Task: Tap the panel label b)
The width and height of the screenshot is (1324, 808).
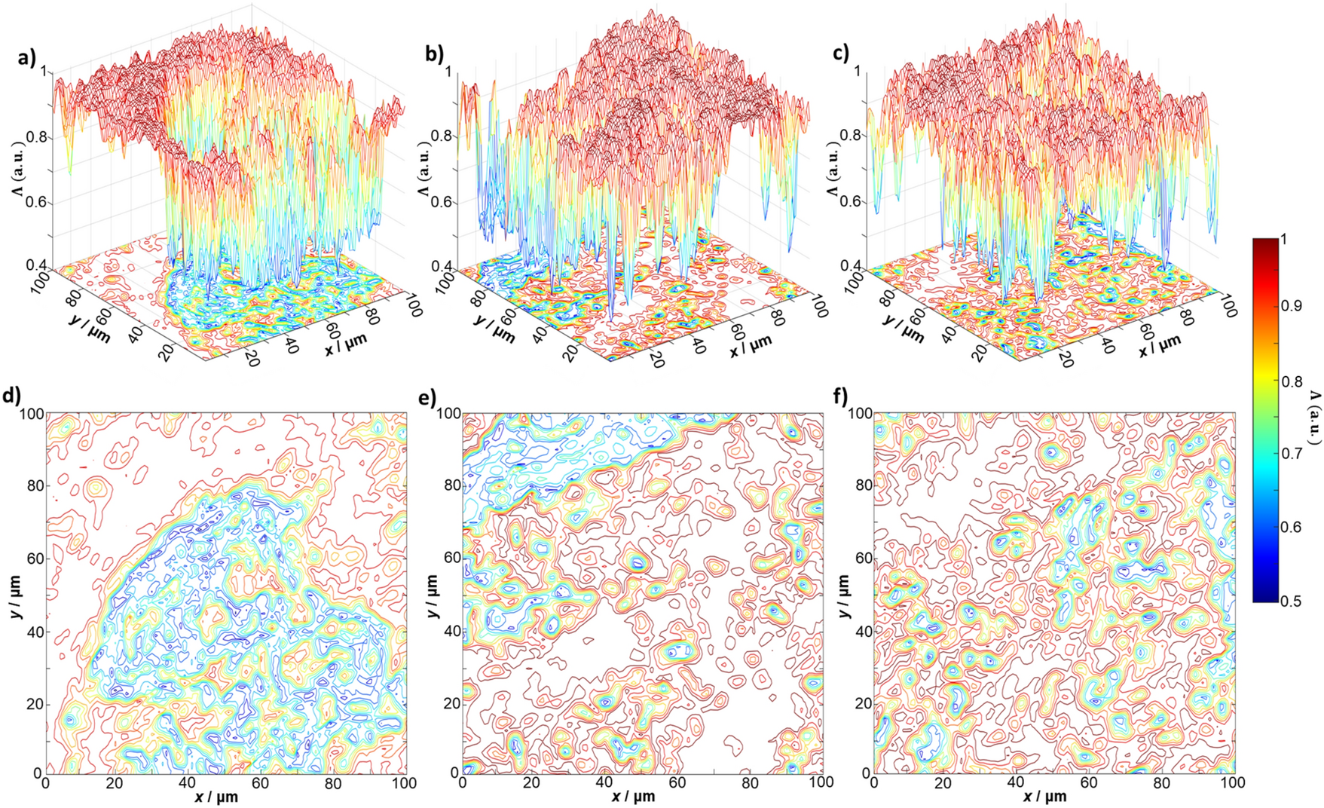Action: tap(435, 54)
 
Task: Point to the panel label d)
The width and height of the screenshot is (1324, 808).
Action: tap(12, 395)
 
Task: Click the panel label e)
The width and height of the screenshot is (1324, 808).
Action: tap(429, 395)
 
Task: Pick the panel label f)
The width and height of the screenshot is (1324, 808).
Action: tap(842, 395)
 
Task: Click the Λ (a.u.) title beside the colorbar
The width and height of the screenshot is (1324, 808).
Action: tap(1314, 418)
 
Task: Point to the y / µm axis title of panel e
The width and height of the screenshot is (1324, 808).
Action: tap(433, 595)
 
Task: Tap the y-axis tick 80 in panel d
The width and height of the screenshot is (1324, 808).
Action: tap(34, 486)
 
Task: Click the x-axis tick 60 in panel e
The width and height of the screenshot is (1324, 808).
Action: tap(677, 782)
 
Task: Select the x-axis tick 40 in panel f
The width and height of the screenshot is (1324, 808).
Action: tap(1017, 782)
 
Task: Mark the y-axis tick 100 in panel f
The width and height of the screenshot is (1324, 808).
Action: tap(859, 414)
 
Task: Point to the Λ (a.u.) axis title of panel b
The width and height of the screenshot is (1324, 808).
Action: tap(423, 170)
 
